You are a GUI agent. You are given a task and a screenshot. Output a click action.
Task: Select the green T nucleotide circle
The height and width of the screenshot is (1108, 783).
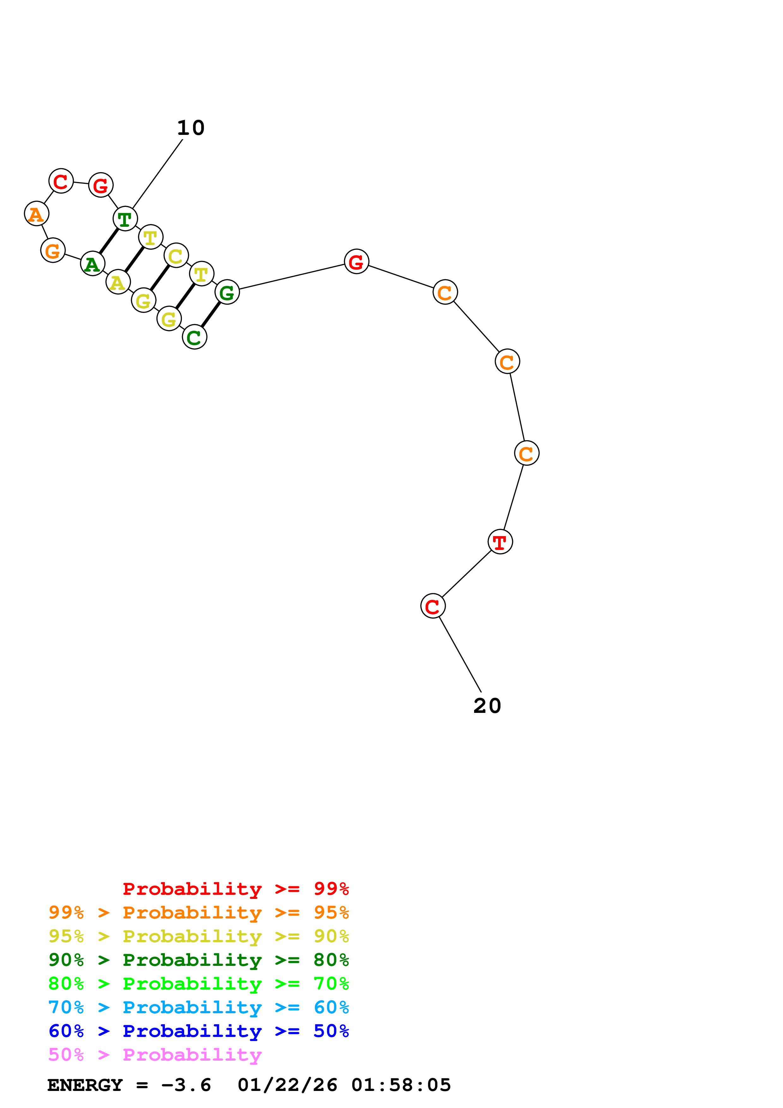125,219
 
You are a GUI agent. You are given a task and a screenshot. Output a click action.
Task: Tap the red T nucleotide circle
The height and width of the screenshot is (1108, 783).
500,541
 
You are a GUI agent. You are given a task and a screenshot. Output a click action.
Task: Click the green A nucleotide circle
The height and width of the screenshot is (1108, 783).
93,263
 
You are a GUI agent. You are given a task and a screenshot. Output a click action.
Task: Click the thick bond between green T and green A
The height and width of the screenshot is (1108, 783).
109,240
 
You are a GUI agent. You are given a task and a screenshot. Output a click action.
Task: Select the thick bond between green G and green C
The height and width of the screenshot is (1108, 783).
211,314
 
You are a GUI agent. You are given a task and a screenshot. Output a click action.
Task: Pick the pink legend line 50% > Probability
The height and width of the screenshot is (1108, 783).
155,1054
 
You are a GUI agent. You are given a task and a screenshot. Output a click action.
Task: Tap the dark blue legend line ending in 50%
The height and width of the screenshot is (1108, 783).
198,1031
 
